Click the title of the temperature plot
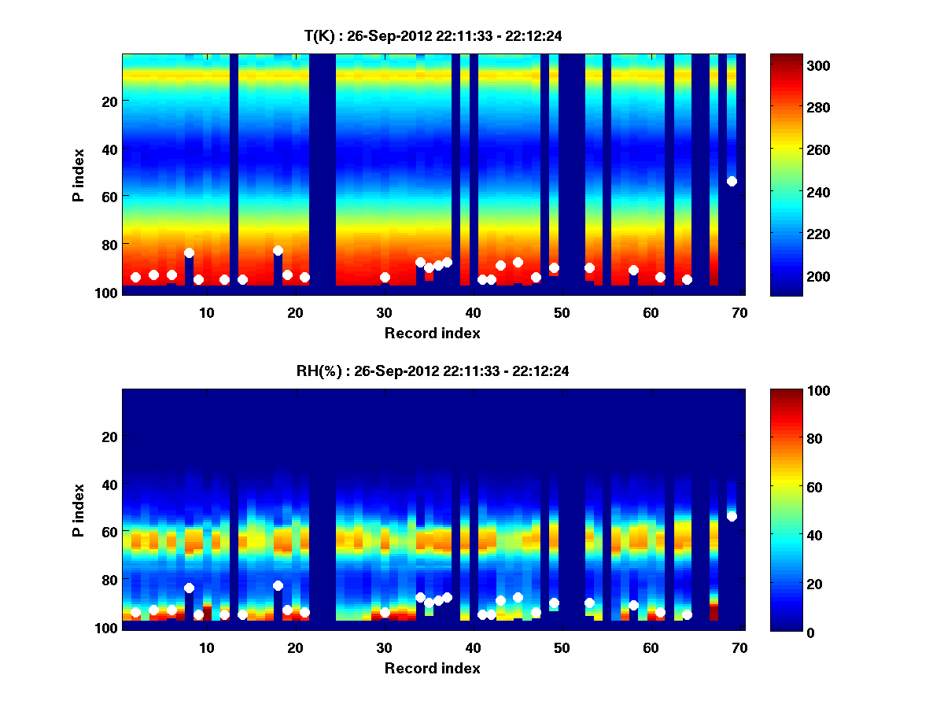(x=432, y=35)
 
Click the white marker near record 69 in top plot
(x=732, y=181)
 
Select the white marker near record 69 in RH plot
(x=732, y=516)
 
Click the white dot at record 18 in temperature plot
(x=278, y=250)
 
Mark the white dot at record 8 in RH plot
(x=189, y=588)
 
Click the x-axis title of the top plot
(x=432, y=333)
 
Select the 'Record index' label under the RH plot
(x=432, y=668)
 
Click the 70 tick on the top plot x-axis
(x=739, y=312)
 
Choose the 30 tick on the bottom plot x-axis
(x=384, y=647)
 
